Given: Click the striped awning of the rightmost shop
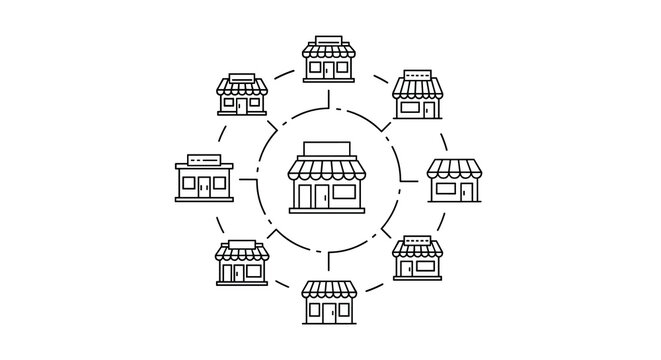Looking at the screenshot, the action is pyautogui.click(x=455, y=169).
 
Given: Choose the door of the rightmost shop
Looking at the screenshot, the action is pyautogui.click(x=466, y=190).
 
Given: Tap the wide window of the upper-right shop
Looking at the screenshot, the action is pyautogui.click(x=408, y=108).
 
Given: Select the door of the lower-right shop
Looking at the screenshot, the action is pyautogui.click(x=402, y=267).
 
